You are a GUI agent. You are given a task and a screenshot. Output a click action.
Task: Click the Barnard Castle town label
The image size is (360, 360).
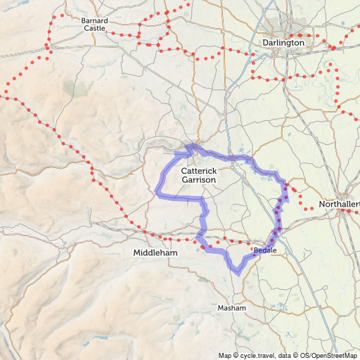(95, 25)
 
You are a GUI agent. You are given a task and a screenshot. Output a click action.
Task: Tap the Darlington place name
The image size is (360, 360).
(283, 43)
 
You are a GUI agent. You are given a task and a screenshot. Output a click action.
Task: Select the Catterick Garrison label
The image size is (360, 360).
(199, 175)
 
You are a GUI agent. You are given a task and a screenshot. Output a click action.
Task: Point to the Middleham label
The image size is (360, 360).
(155, 252)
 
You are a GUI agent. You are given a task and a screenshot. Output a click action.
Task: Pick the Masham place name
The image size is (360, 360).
(232, 309)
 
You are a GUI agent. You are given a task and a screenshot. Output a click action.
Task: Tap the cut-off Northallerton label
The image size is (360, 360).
(339, 205)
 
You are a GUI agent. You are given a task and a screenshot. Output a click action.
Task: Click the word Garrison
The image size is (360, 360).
(199, 180)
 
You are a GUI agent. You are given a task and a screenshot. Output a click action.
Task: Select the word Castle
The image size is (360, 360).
(95, 29)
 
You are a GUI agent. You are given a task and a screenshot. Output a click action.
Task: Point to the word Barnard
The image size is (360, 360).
(95, 20)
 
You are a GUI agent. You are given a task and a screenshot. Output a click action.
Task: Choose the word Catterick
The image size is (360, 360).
(199, 171)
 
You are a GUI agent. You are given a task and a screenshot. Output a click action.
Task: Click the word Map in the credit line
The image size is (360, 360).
(224, 355)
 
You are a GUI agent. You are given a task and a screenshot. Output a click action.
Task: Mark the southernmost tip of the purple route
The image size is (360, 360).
(238, 271)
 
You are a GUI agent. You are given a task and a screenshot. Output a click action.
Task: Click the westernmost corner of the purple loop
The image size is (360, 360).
(157, 193)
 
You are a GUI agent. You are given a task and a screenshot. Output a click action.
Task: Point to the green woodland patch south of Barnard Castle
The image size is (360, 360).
(70, 87)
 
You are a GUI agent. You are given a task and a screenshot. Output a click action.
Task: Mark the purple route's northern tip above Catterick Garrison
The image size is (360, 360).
(188, 146)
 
